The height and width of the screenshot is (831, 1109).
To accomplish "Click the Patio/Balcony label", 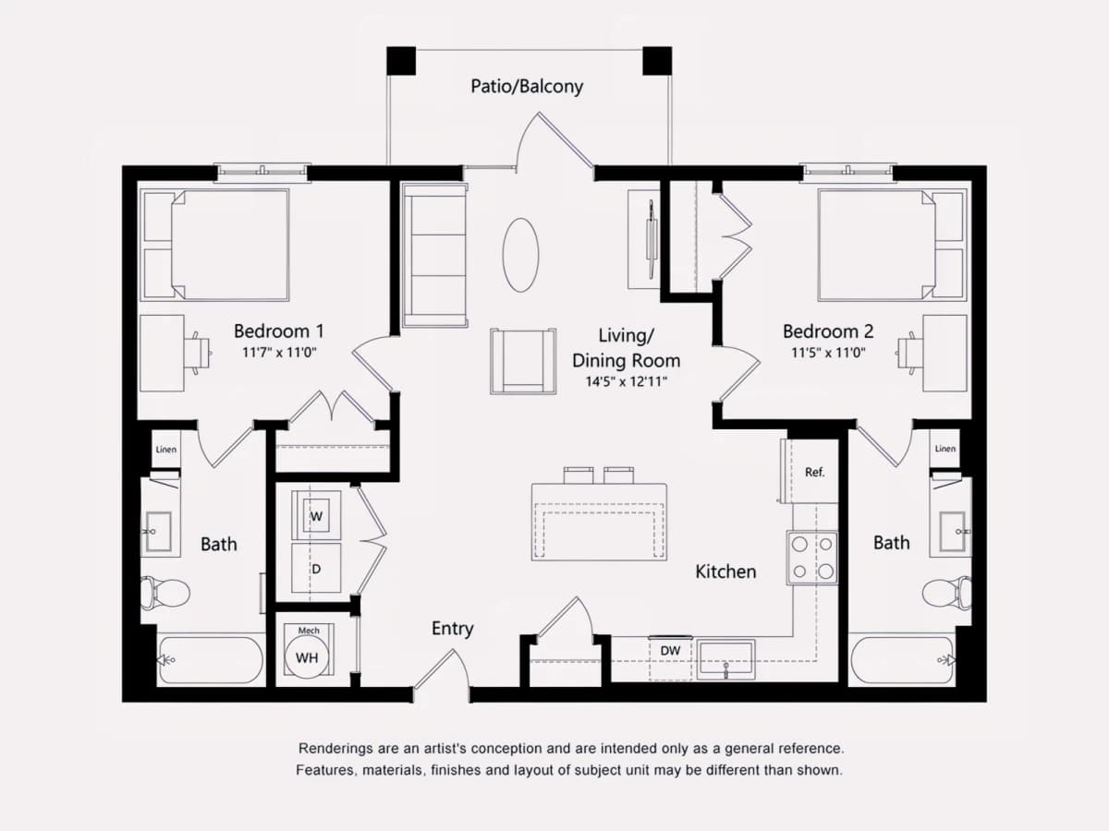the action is [527, 86].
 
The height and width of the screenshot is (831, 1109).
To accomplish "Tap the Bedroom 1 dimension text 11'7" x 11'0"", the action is [279, 352].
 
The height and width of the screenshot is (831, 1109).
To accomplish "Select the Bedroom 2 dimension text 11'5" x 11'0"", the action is [828, 352].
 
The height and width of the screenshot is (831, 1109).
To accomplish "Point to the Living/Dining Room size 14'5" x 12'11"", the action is [626, 381].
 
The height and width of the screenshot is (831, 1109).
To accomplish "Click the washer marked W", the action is [316, 515].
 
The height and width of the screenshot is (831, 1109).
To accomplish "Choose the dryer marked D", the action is [316, 568].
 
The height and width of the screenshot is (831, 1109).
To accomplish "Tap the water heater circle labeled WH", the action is [307, 657].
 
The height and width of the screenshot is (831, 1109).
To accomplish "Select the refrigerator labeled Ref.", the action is [814, 472].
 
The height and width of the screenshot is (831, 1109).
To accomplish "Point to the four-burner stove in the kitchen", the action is [812, 558].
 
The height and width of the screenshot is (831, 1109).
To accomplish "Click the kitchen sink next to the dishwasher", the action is [726, 659].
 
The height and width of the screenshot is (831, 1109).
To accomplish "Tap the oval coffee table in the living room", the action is [520, 255].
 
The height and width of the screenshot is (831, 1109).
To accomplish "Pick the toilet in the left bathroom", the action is [165, 593].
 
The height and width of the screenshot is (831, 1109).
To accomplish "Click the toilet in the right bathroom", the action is [946, 593].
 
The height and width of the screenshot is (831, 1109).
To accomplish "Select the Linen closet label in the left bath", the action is [166, 449].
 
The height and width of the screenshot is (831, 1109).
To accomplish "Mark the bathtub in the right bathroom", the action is [903, 661].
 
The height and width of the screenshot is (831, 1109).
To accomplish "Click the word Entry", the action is [453, 629].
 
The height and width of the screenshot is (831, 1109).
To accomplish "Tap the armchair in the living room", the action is [523, 361].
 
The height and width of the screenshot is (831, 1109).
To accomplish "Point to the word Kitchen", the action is [725, 572].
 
